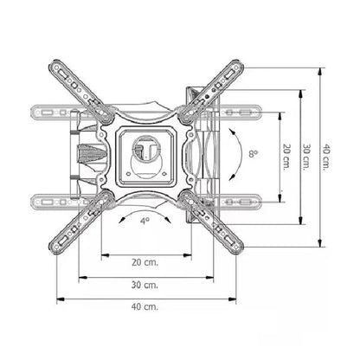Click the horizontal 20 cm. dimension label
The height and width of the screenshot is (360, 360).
coord(145,262)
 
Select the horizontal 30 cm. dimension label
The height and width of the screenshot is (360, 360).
coord(145,284)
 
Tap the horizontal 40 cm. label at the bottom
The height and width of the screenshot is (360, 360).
coord(145,306)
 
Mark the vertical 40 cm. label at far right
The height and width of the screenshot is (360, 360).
coord(328,158)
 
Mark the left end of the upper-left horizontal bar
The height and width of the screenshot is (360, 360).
coord(33,112)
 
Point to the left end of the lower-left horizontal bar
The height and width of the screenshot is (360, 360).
coord(33,201)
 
